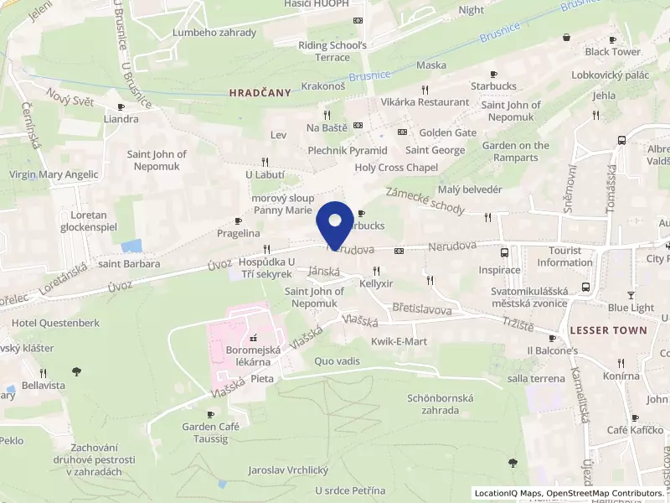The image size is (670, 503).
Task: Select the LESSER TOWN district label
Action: (608, 330)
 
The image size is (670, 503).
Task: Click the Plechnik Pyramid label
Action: (348, 151)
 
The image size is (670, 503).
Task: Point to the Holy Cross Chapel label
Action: (397, 168)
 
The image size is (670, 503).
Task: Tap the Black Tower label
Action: (613, 52)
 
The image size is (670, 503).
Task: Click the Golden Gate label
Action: (448, 132)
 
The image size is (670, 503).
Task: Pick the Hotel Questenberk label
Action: (55, 323)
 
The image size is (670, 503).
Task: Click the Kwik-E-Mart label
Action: (399, 342)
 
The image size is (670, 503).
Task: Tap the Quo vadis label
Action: (337, 361)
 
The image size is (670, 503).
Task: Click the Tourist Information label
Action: (565, 257)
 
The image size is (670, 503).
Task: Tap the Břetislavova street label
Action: (422, 309)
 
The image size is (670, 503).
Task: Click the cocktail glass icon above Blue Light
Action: (631, 294)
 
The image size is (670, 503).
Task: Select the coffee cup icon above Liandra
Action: (121, 106)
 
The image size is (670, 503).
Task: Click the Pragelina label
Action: (239, 233)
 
